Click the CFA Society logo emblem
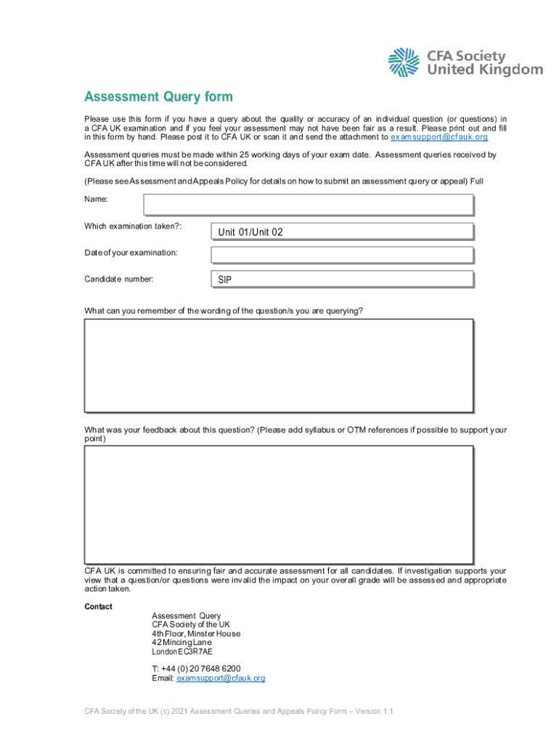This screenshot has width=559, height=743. point(404,62)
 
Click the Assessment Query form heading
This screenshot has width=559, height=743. point(158,97)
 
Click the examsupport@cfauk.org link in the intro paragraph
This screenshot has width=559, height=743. point(439,137)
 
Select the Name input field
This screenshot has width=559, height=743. point(308,205)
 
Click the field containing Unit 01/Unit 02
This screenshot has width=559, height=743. point(342,232)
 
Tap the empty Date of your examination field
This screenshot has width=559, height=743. point(342,255)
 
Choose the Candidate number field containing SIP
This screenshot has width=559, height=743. point(342,279)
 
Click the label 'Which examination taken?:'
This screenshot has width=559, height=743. point(133,226)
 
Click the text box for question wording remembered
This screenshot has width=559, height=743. point(279,365)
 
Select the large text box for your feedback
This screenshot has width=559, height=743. point(279,504)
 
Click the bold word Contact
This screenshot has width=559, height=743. point(99,607)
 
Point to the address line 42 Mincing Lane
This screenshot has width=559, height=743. point(181,642)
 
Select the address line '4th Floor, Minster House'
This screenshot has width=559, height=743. point(196,633)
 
